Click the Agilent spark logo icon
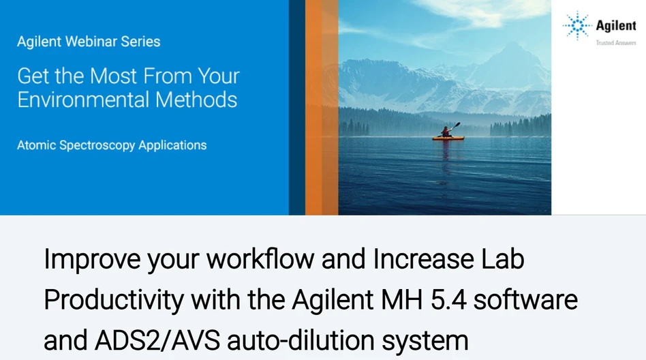click(x=577, y=26)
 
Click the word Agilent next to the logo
click(x=615, y=26)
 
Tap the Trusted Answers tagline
click(x=615, y=42)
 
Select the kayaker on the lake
click(x=448, y=131)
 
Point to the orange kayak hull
click(x=448, y=138)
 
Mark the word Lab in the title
click(x=506, y=260)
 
